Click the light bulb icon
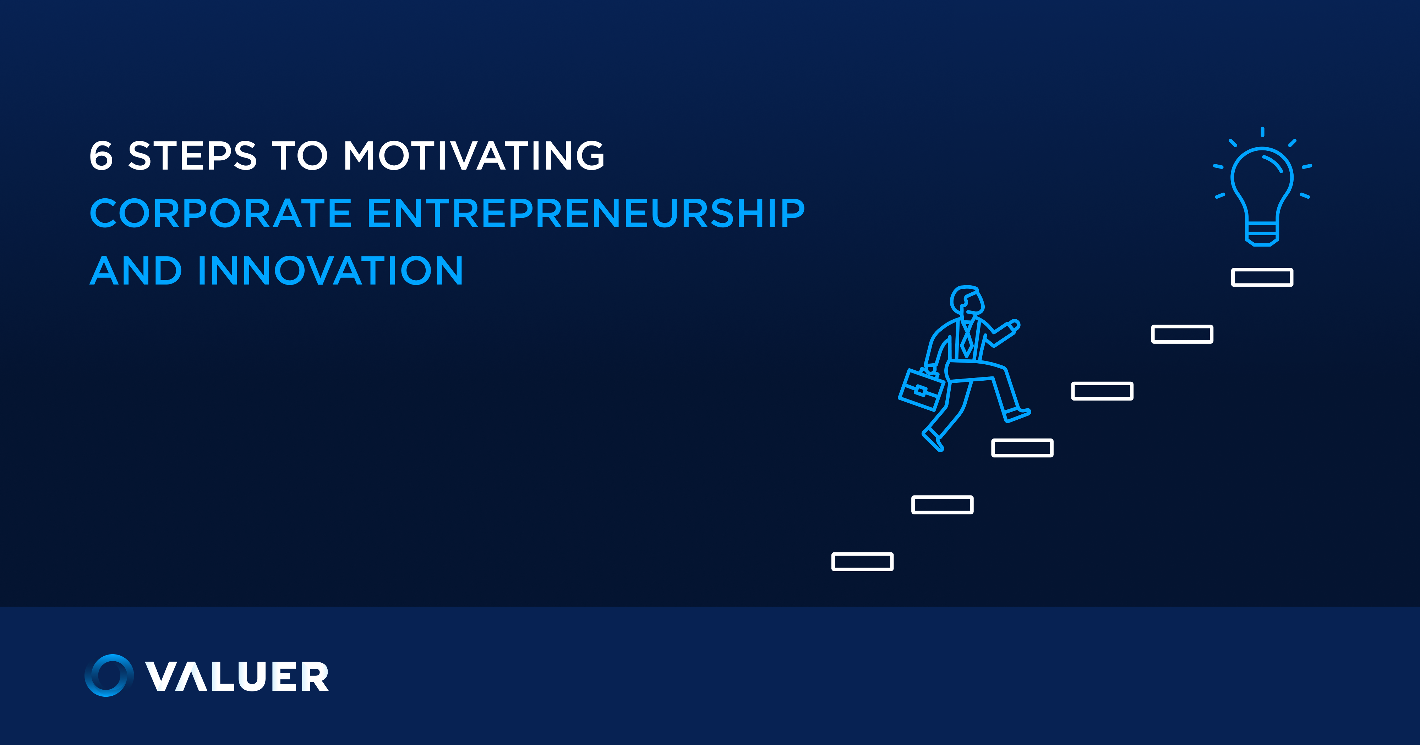(x=1262, y=187)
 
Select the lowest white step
(x=862, y=562)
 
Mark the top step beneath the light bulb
(x=1262, y=277)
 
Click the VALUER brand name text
(x=237, y=676)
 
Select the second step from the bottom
(x=942, y=505)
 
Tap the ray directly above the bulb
(x=1262, y=132)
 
